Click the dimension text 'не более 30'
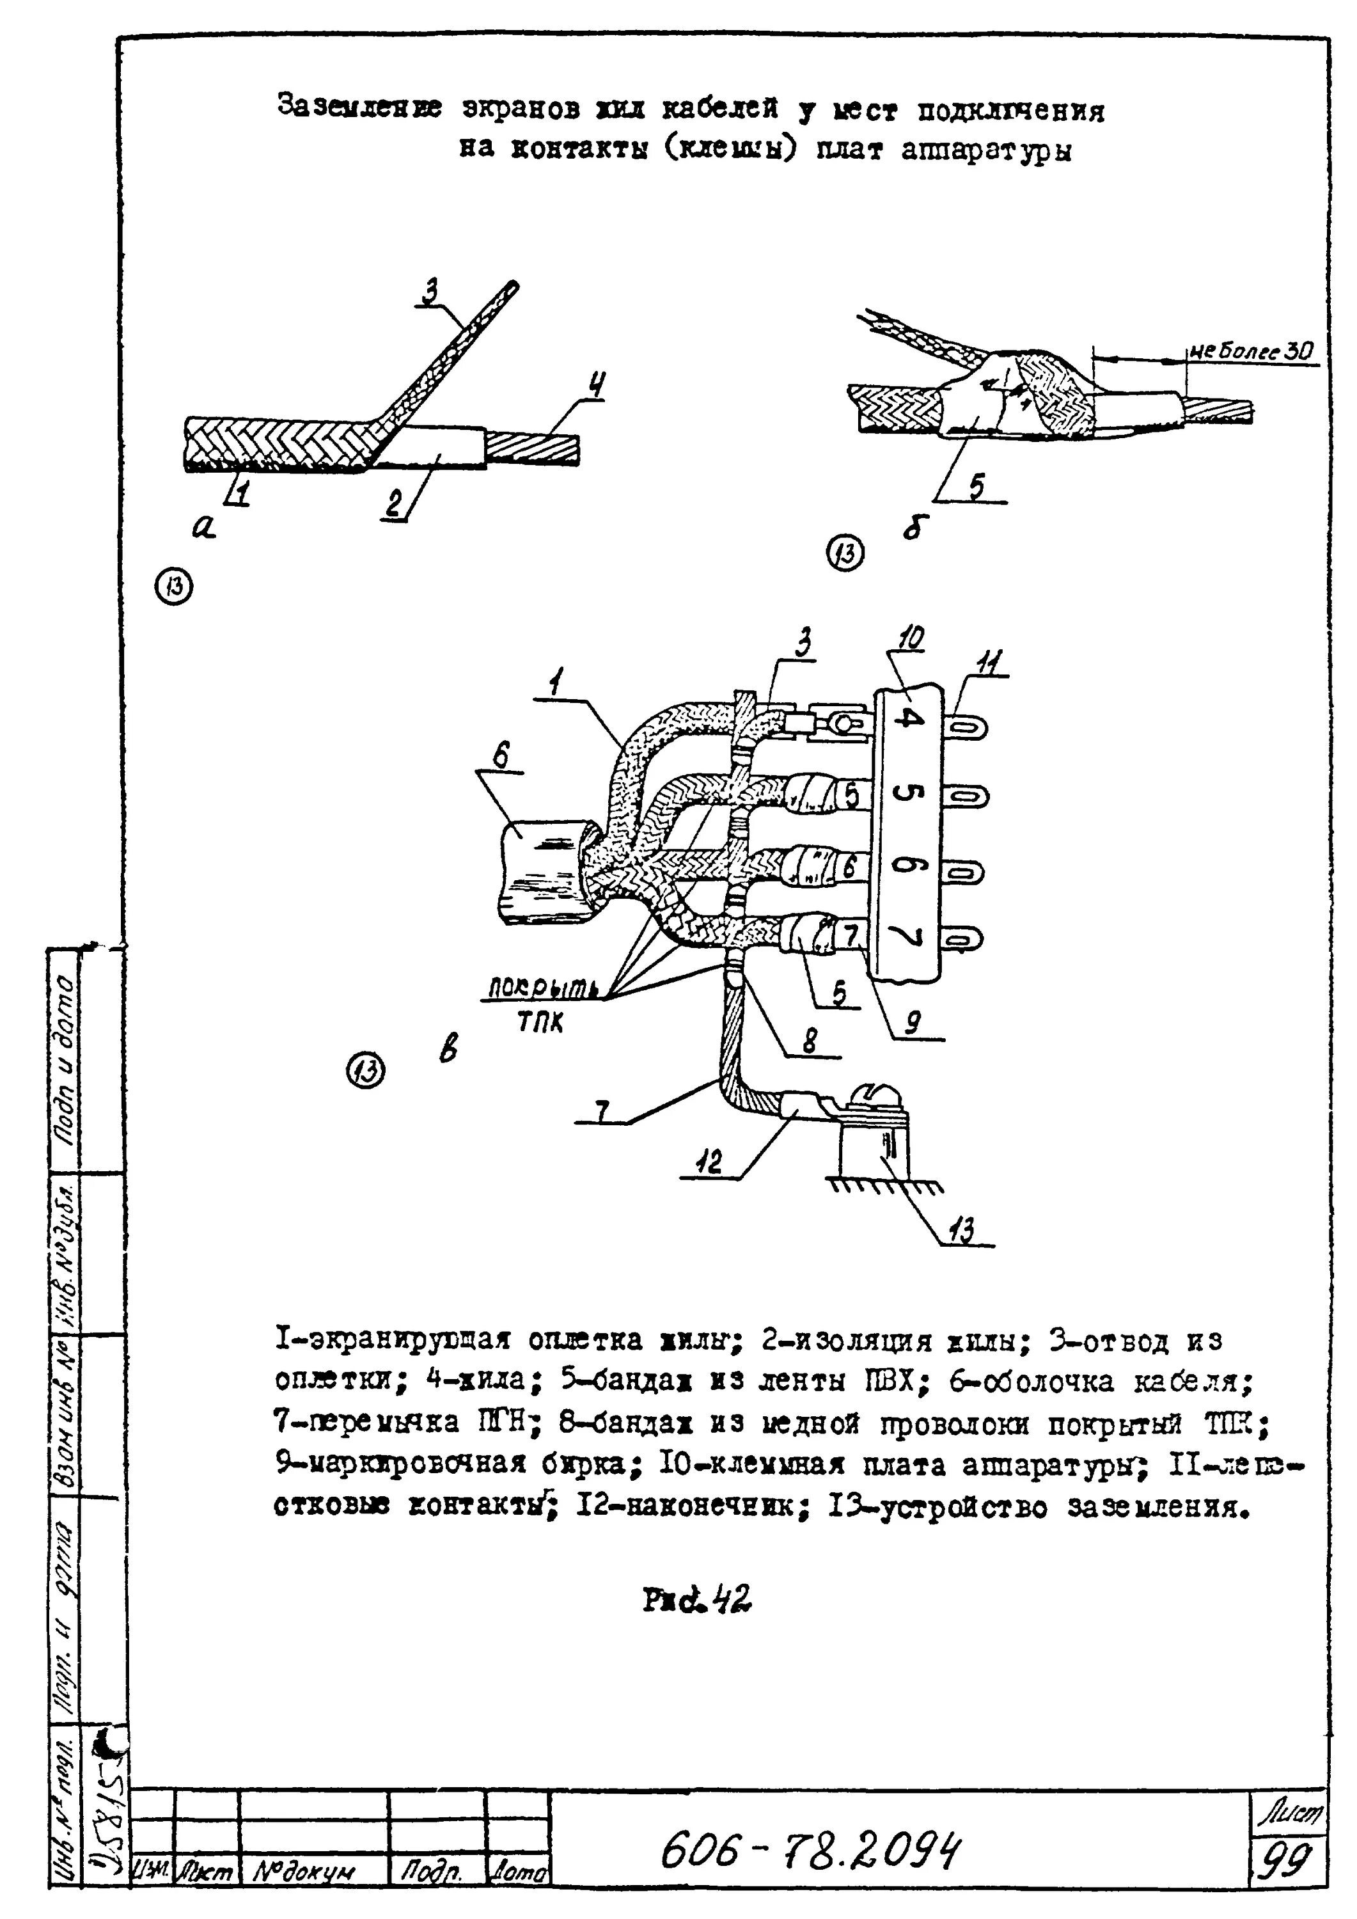pos(1251,352)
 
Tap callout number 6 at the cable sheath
pos(499,756)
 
